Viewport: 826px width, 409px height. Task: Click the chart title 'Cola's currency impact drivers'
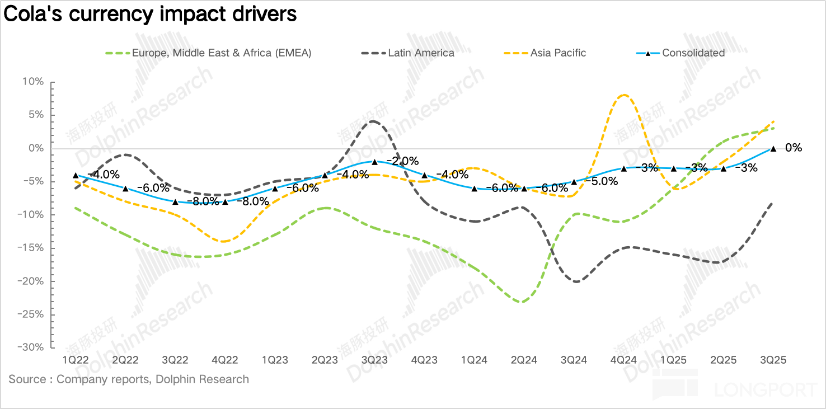click(150, 15)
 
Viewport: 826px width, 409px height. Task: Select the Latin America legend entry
click(421, 53)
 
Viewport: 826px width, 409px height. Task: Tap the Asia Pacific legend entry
click(558, 53)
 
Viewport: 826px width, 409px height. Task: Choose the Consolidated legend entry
click(693, 53)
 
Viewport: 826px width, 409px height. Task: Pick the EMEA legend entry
click(221, 53)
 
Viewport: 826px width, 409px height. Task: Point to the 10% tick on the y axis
click(33, 82)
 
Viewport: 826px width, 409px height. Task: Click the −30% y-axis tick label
click(30, 347)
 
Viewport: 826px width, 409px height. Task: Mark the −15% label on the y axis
click(30, 248)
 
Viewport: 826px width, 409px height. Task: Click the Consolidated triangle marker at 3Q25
click(773, 149)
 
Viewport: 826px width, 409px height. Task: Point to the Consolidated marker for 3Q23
click(374, 162)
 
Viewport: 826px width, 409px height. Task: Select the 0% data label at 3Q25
click(794, 148)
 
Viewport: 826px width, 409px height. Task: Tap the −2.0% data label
click(403, 161)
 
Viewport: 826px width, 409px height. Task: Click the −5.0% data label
click(602, 181)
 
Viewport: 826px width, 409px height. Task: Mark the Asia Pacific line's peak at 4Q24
click(624, 95)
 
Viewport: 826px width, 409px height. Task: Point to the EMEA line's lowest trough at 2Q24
click(521, 302)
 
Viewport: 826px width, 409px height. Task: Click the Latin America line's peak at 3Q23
click(373, 121)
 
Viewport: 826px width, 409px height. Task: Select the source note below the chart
click(129, 379)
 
